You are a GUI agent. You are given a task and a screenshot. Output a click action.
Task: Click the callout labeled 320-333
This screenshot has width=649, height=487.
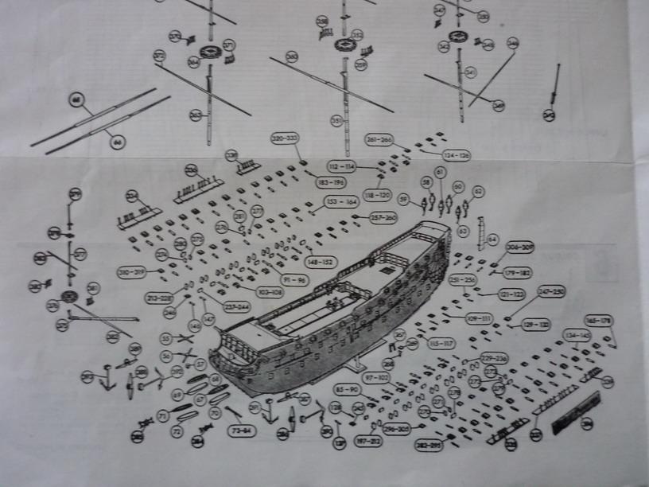pos(284,138)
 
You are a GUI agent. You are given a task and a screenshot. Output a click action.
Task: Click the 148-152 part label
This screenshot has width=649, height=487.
pos(322,262)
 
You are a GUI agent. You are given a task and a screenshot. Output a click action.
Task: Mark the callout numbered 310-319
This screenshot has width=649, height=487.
pos(131,272)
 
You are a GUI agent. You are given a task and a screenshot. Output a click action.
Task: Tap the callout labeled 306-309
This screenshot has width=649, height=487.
pos(519,247)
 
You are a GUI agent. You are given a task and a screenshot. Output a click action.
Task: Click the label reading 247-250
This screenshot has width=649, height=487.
pos(550,294)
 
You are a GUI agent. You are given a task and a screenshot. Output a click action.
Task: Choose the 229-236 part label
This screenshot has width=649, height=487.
pos(494,357)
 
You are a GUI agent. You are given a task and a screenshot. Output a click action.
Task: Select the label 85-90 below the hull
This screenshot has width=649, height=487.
pos(348,390)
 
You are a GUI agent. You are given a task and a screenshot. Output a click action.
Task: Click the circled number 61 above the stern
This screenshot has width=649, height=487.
pos(439,172)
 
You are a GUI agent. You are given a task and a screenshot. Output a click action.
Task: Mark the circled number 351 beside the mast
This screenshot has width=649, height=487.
pos(336,121)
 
